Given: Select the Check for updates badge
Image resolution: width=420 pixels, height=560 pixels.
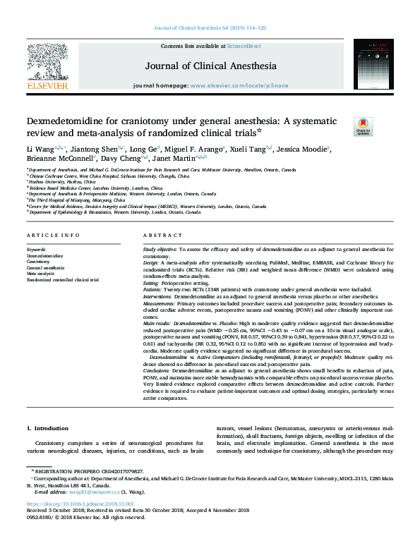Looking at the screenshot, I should click(363, 126).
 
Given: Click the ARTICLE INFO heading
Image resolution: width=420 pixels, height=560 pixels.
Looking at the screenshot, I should click(50, 234).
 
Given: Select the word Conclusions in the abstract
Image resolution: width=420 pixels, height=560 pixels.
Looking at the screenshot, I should click(157, 369).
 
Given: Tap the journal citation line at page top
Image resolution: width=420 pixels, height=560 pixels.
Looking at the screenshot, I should click(210, 28).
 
